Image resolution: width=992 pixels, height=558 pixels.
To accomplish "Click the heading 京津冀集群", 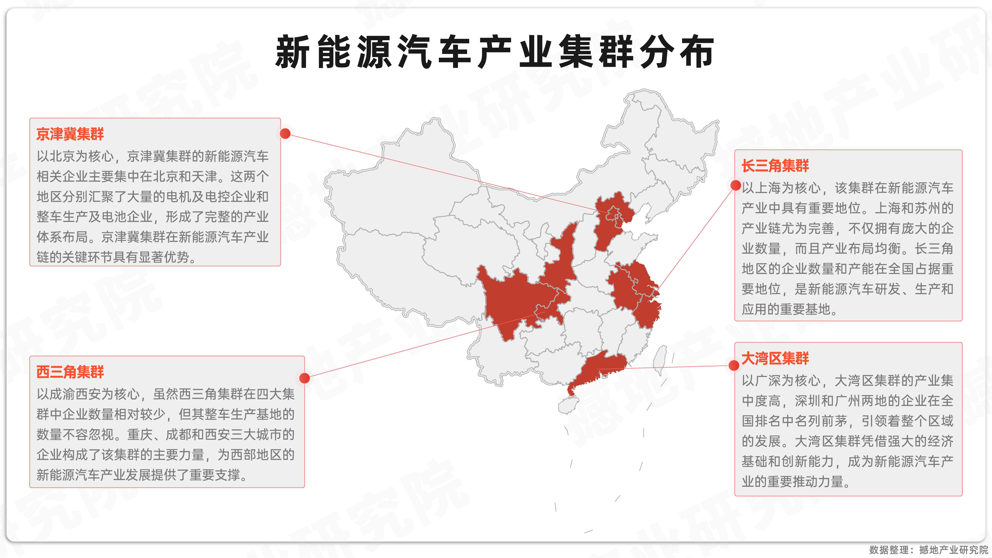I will (70, 134).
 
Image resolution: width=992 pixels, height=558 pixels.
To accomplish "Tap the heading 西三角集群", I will (70, 372).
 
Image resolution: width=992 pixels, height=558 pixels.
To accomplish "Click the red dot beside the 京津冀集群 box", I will (285, 133).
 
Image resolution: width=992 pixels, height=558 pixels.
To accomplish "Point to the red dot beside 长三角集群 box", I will (735, 185).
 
